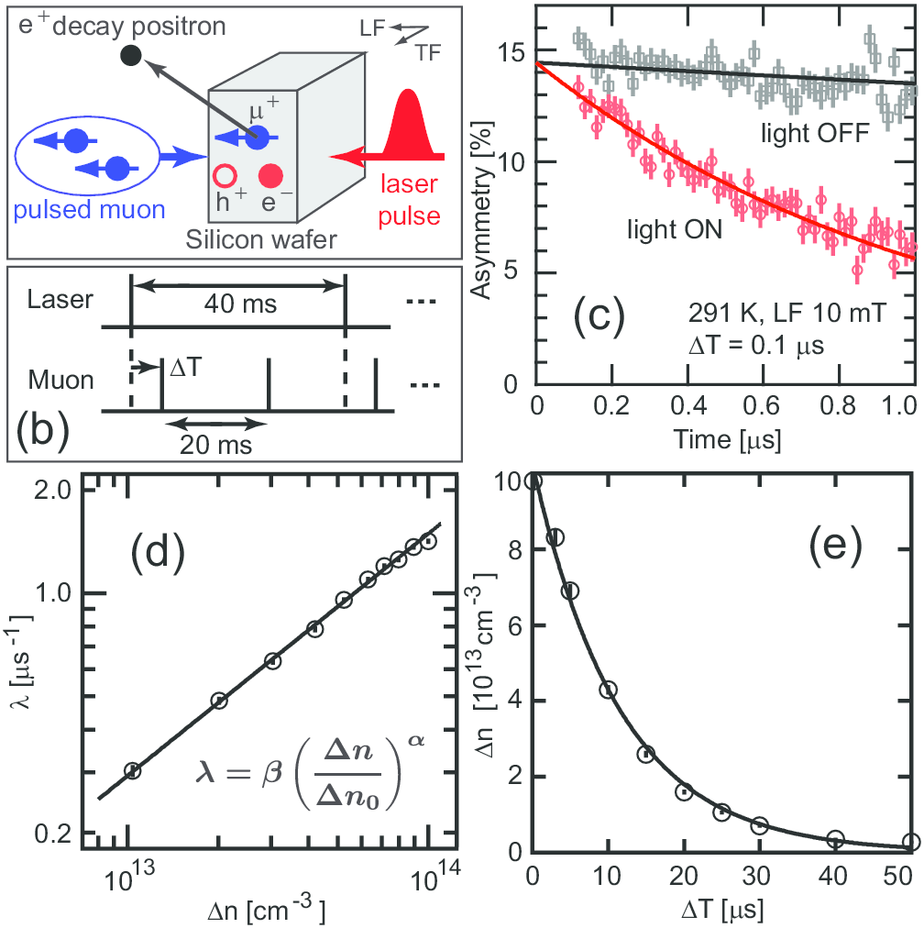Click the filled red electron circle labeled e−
click(x=271, y=174)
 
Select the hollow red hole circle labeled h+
click(x=224, y=175)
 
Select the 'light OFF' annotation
click(x=813, y=133)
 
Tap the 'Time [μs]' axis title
click(x=730, y=440)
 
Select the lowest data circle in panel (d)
click(x=132, y=770)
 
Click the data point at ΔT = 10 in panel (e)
click(x=608, y=690)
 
